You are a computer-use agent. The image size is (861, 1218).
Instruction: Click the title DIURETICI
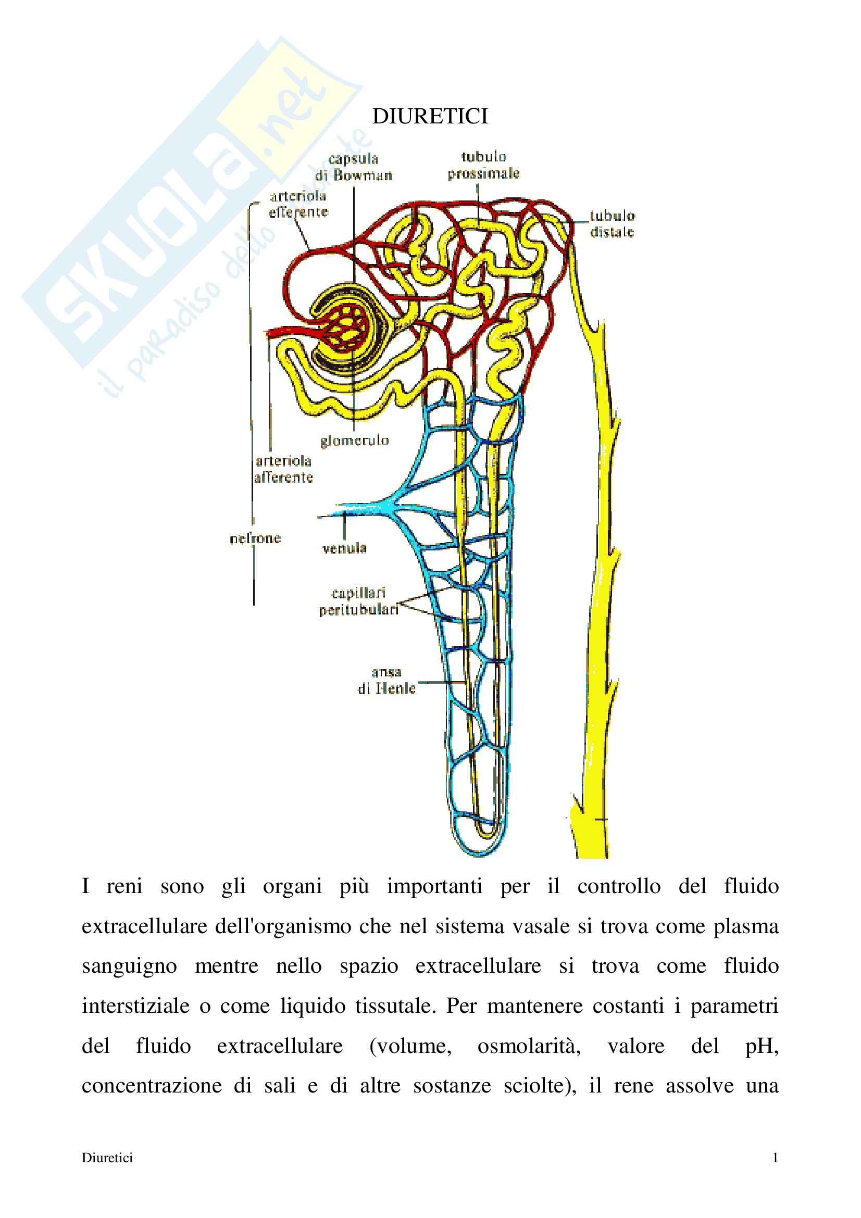[430, 117]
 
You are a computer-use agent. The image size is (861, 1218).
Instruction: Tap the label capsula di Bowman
[354, 167]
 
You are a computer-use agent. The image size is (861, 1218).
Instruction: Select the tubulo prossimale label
[483, 166]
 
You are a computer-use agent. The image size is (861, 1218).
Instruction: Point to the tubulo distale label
[613, 224]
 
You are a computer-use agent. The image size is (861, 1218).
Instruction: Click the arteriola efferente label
[298, 204]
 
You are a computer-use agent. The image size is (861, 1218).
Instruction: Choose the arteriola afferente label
[283, 469]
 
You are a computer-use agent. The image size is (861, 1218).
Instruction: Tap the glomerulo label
[354, 441]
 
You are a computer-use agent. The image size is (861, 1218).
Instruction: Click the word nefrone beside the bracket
[255, 539]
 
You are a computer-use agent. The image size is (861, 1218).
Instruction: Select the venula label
[345, 548]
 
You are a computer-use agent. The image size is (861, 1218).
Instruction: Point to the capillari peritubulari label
[358, 601]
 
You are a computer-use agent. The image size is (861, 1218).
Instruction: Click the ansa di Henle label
[386, 681]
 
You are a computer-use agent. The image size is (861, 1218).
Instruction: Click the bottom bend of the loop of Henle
[484, 833]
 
